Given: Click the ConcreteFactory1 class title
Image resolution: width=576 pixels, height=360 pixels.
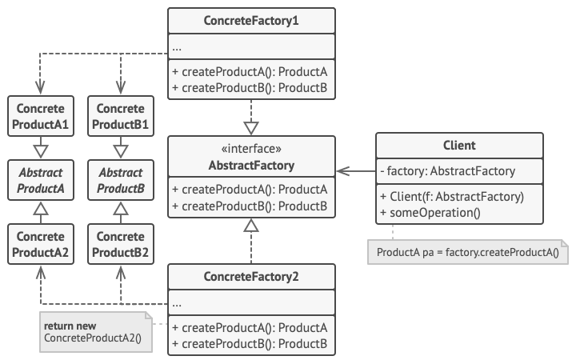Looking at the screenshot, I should pos(251,20).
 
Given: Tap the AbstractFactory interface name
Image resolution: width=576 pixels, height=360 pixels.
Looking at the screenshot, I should pos(251,166).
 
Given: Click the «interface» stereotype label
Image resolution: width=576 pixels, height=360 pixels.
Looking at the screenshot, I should pos(251,150).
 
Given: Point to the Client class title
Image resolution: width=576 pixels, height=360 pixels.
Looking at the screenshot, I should pos(459,146).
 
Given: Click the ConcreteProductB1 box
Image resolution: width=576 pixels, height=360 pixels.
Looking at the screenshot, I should pos(121,117).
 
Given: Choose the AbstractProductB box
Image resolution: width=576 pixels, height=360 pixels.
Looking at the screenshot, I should pos(121,180).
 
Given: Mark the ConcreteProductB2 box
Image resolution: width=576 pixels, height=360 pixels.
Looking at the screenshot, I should pos(121,244).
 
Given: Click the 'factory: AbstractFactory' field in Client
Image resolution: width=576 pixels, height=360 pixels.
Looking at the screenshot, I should pos(449,170).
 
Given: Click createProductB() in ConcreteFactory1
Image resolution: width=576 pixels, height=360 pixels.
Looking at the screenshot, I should pos(250,87).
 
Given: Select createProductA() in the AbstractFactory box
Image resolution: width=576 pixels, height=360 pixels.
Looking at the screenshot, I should pos(250,190).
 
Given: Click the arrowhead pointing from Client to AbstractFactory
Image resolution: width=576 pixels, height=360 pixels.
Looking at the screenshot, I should pos(342,170).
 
